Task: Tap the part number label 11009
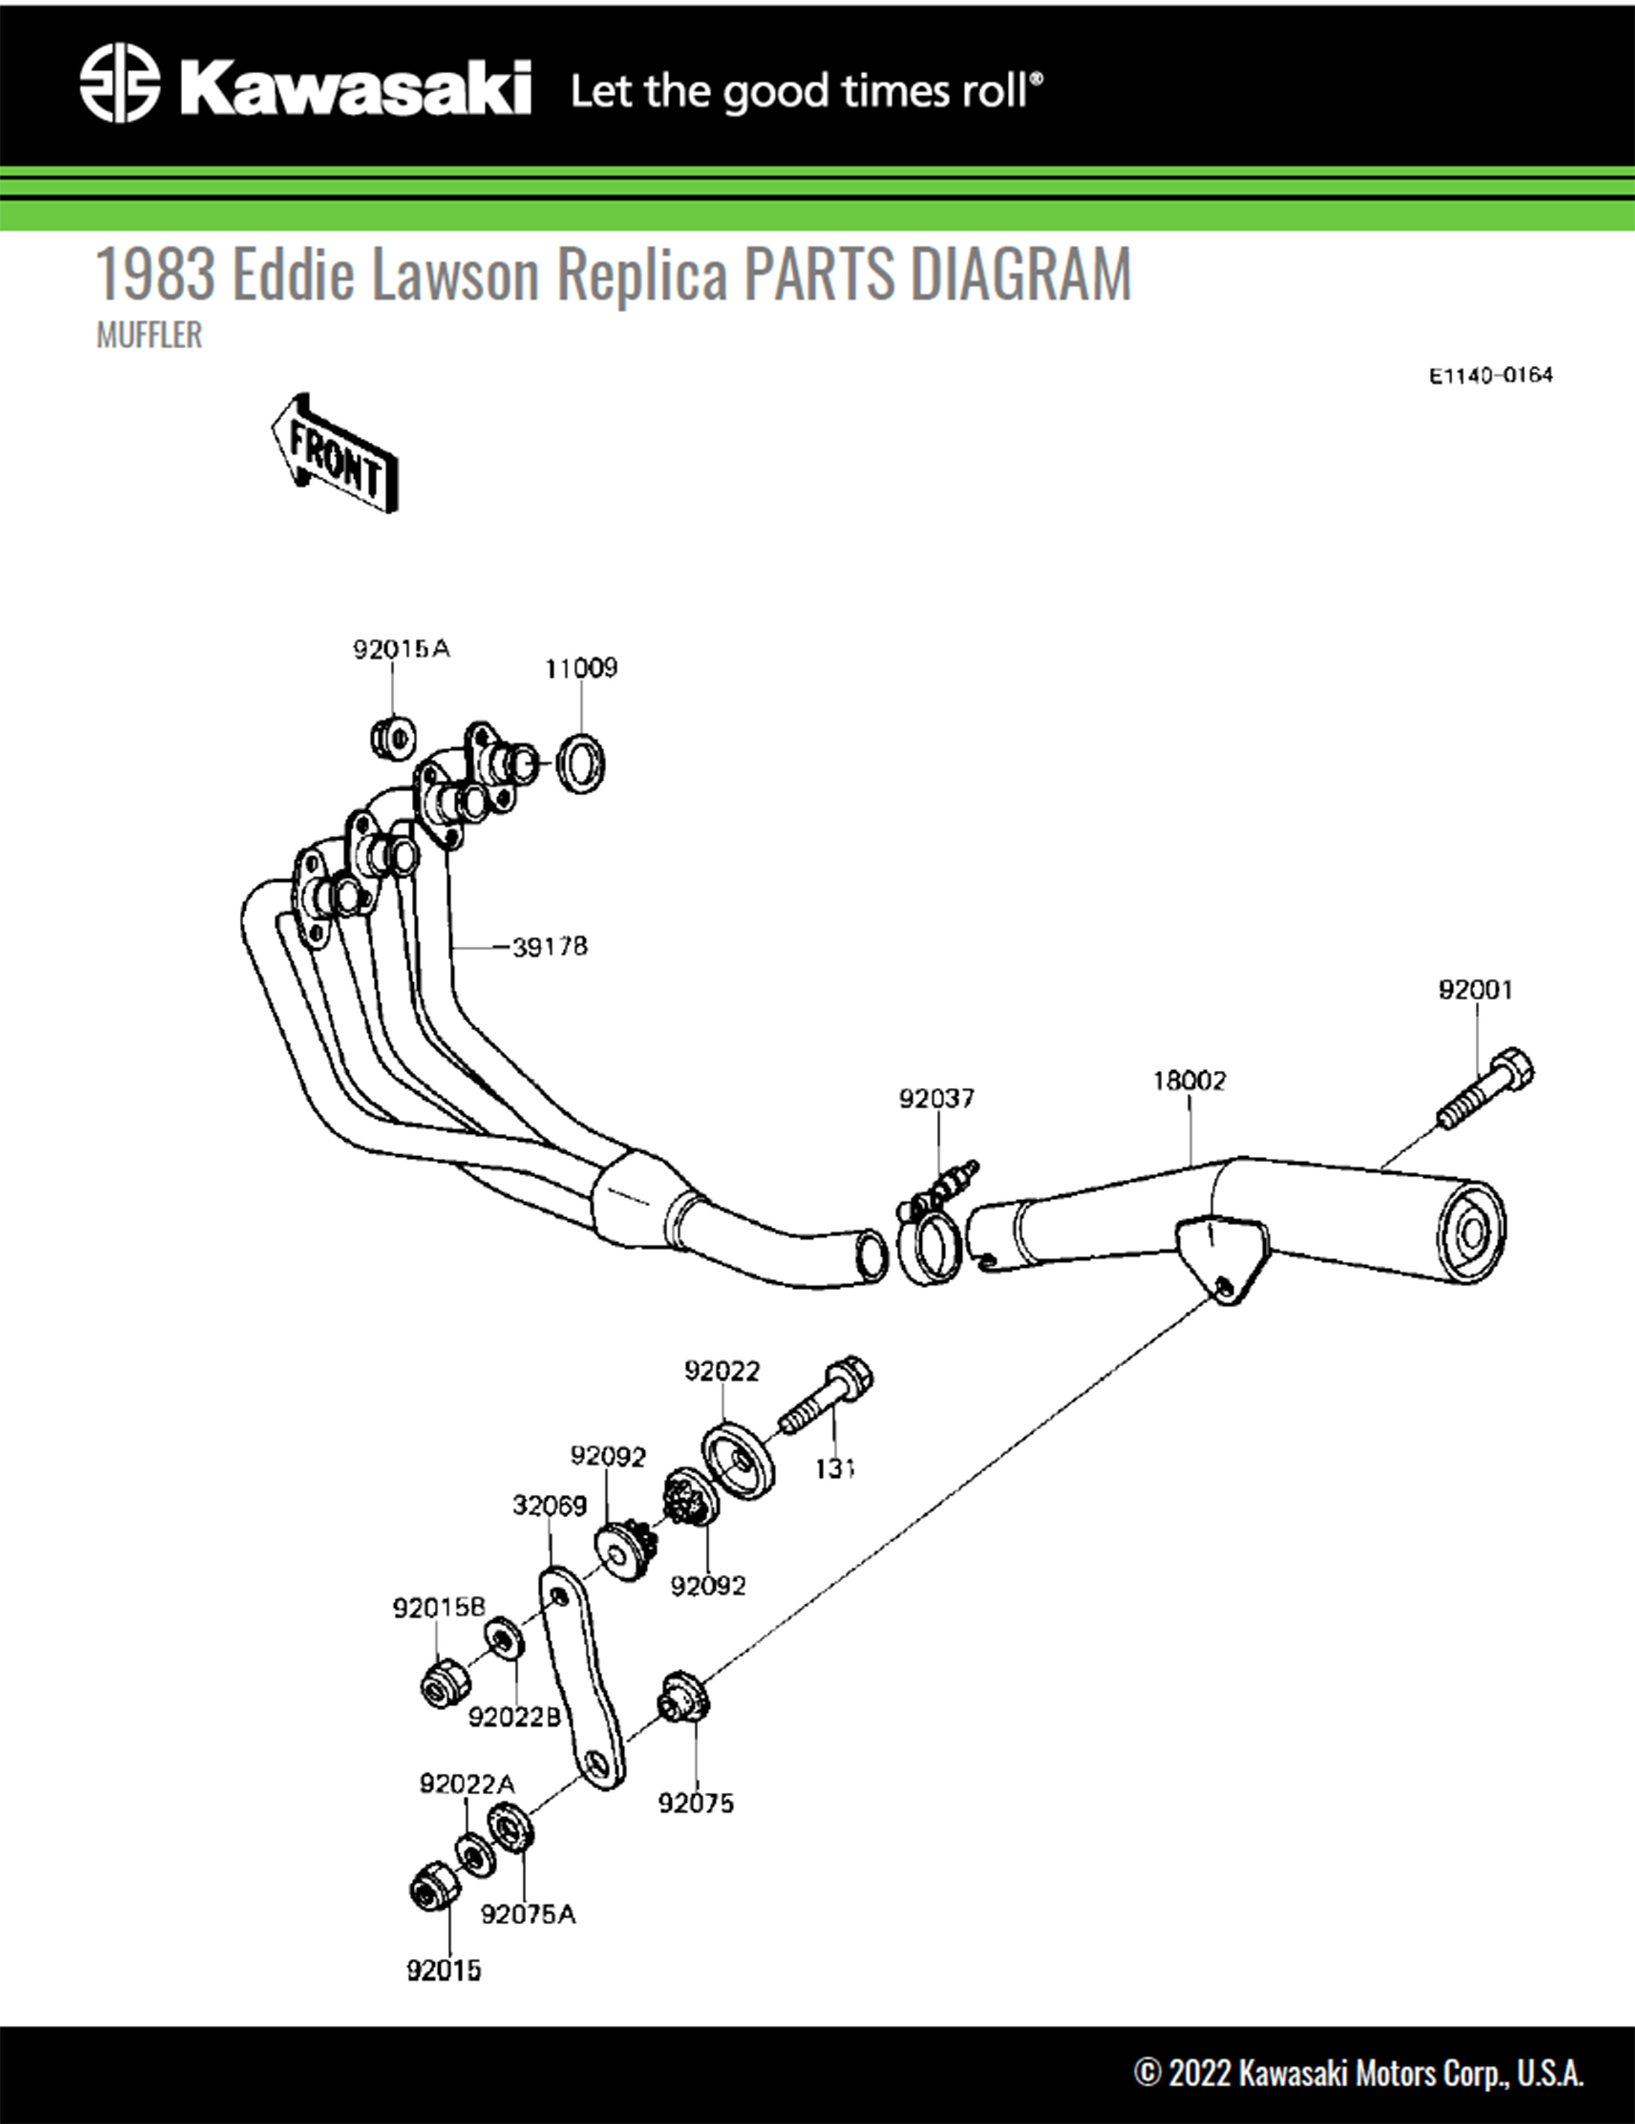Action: pyautogui.click(x=581, y=668)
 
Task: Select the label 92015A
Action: pyautogui.click(x=401, y=649)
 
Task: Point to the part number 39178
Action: pyautogui.click(x=549, y=946)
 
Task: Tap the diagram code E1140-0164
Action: pyautogui.click(x=1490, y=376)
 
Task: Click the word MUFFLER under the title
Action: pyautogui.click(x=149, y=336)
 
